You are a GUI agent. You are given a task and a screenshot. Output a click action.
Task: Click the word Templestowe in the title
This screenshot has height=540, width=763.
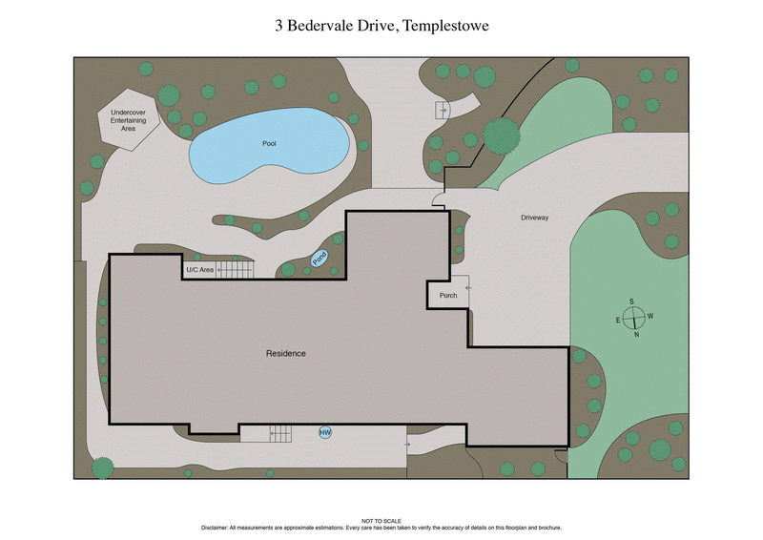(445, 25)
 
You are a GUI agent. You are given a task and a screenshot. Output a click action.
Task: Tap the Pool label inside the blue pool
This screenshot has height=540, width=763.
(269, 144)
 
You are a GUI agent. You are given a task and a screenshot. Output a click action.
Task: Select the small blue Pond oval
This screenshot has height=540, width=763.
(320, 258)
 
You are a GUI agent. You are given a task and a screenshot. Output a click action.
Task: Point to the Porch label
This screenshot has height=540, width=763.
(448, 296)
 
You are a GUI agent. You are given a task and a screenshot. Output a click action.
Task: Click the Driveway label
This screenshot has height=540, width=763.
(534, 218)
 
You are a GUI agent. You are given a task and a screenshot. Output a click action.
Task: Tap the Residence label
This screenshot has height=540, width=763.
(285, 353)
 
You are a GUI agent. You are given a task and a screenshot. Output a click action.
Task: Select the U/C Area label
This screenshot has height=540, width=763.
(199, 271)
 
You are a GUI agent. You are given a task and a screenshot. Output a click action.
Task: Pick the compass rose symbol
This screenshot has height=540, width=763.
(636, 318)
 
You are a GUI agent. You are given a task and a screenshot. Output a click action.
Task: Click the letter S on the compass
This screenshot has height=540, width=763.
(631, 301)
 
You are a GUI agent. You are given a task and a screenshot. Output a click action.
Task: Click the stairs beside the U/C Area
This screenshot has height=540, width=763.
(235, 270)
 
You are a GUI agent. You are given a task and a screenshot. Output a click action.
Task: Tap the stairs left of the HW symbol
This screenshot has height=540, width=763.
(280, 433)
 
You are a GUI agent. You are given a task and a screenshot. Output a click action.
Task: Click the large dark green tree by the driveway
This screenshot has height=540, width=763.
(501, 135)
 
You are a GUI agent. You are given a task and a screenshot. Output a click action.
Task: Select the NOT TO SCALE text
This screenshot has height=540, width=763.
(381, 520)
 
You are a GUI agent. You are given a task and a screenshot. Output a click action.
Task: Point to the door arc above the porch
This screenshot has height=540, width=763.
(438, 200)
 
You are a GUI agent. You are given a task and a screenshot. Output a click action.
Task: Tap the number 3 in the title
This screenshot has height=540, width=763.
(278, 25)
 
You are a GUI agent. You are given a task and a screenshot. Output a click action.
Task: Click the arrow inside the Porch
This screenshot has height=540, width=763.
(466, 286)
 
